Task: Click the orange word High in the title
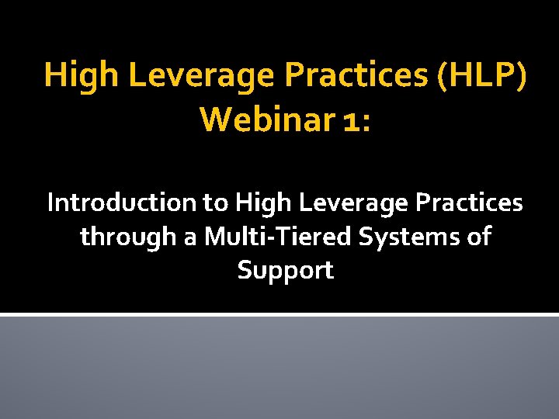click(80, 74)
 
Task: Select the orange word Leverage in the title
click(200, 74)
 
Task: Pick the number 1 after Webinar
click(351, 119)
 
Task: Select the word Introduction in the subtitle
click(121, 203)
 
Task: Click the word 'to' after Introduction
click(215, 203)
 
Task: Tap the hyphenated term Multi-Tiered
click(280, 236)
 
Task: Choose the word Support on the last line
click(285, 271)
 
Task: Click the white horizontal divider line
click(279, 314)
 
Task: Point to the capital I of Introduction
click(51, 203)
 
